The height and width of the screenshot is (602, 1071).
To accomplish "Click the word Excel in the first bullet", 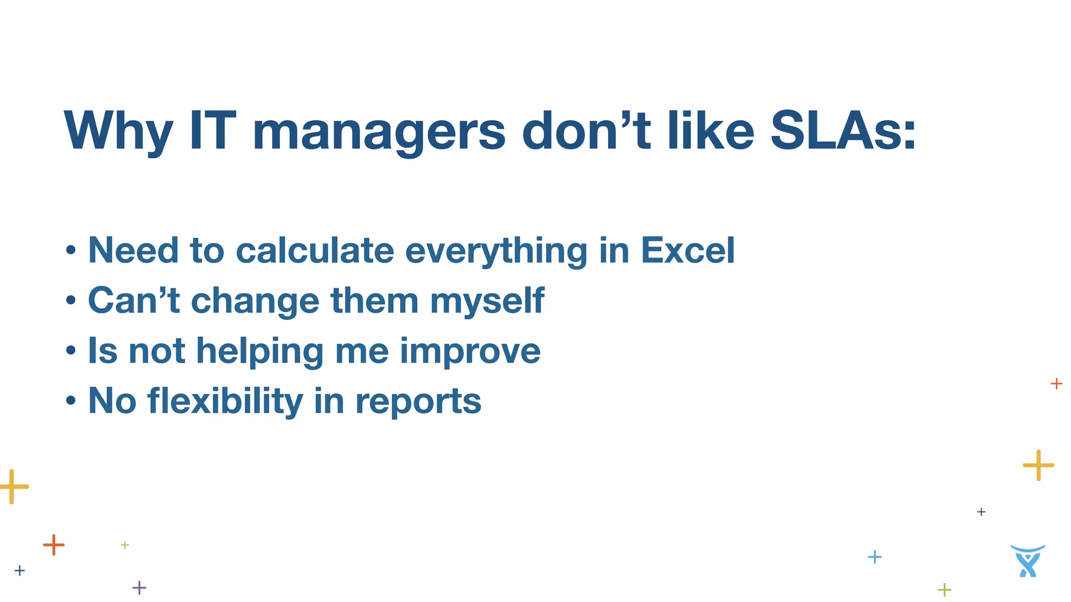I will click(688, 250).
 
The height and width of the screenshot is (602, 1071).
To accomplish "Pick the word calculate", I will click(315, 250).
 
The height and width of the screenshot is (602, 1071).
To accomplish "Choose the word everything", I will click(496, 251).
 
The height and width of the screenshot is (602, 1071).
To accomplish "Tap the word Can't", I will click(134, 300).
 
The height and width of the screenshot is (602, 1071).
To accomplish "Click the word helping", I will click(260, 351).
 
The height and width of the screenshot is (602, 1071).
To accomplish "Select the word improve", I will click(470, 351).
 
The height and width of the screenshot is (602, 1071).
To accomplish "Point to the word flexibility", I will click(225, 401).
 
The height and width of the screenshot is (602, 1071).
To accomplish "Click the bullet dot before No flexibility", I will click(71, 401).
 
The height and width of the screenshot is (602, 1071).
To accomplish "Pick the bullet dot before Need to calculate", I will click(71, 251).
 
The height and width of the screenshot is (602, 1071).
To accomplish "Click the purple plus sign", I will click(139, 588).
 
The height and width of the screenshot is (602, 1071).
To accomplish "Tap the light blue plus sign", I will click(874, 557).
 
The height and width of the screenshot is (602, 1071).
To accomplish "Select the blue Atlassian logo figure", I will click(1028, 561).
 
